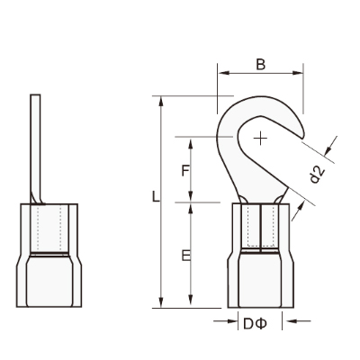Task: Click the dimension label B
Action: click(261, 64)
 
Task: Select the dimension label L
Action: click(156, 197)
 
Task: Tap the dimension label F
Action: click(185, 171)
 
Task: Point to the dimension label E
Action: click(186, 256)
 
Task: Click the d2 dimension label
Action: click(317, 175)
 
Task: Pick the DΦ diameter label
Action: click(255, 324)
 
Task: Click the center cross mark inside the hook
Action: click(260, 139)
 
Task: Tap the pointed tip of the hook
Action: click(302, 139)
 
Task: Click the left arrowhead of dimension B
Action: click(223, 73)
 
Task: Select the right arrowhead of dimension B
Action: click(298, 73)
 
